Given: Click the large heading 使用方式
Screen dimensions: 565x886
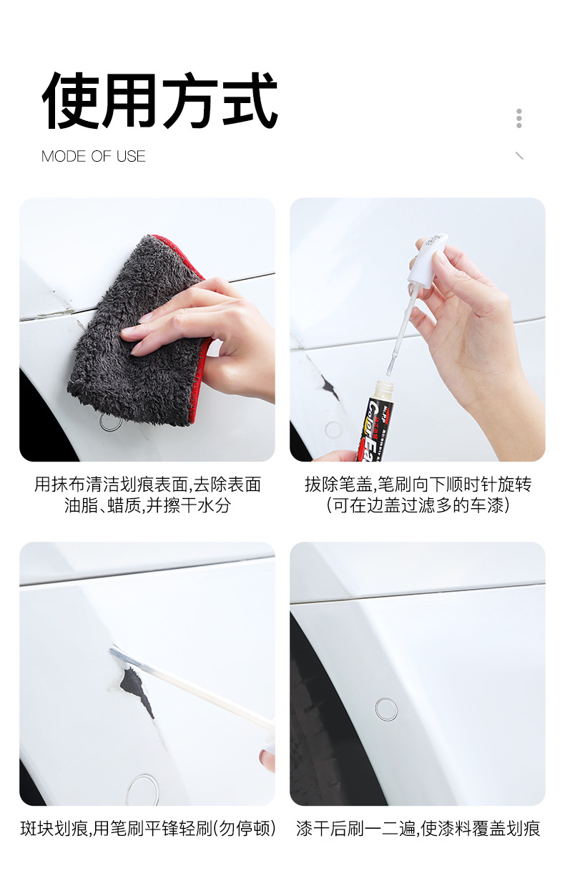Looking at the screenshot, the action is [159, 100].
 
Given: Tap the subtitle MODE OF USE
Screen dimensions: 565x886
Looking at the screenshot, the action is [93, 156].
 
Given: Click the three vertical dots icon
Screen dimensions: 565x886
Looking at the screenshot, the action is [519, 118].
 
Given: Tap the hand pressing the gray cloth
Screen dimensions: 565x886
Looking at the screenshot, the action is [202, 336].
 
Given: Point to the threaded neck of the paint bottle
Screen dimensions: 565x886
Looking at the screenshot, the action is [383, 389].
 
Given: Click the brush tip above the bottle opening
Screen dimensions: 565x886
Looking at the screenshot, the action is [390, 366].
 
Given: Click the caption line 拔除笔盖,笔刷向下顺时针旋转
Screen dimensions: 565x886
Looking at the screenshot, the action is [418, 485].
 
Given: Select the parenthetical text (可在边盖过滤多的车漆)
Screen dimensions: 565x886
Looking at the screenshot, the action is [418, 505].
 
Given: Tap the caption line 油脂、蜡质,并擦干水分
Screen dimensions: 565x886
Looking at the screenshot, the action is [147, 505].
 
